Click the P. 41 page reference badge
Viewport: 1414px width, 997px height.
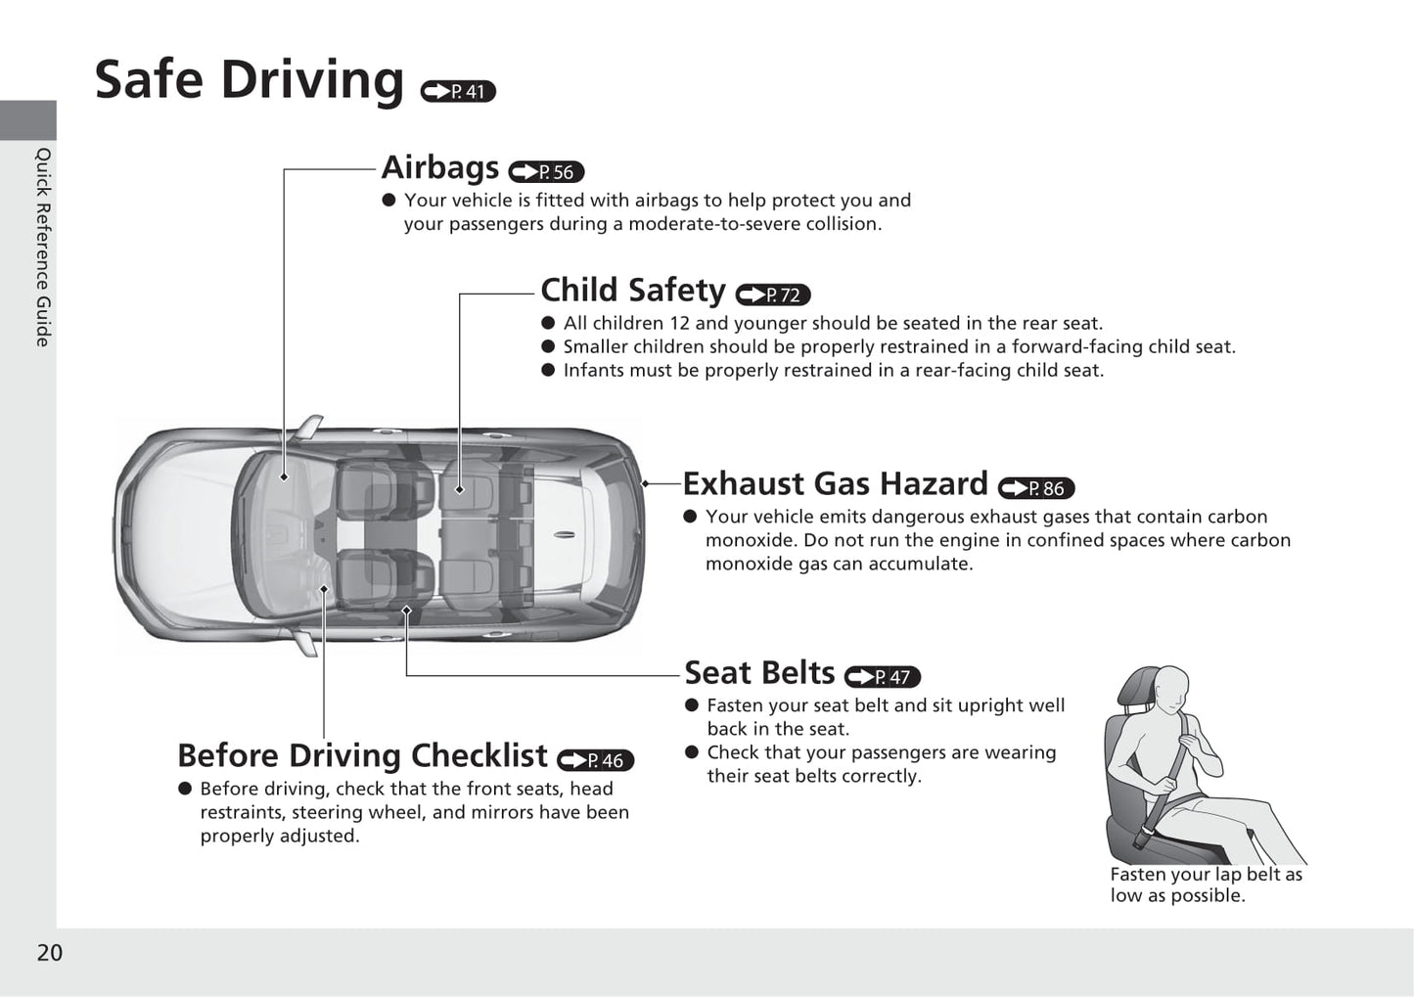(458, 92)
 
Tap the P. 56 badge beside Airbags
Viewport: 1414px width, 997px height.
(547, 171)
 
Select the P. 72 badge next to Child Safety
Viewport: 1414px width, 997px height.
(773, 295)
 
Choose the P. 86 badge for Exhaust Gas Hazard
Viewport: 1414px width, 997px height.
(1036, 488)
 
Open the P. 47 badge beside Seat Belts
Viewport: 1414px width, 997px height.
(883, 676)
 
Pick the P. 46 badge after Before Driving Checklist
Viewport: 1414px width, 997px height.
(595, 760)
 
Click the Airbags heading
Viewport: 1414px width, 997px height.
(440, 167)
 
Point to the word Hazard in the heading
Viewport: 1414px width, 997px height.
(934, 483)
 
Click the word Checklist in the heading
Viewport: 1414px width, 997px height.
(479, 755)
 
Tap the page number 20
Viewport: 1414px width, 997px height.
(50, 952)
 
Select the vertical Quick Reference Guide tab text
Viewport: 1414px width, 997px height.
(43, 247)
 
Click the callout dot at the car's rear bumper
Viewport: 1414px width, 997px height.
(645, 484)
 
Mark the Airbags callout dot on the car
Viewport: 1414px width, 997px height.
(284, 477)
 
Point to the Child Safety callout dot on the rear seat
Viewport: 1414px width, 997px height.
(460, 489)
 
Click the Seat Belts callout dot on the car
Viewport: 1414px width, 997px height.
(406, 611)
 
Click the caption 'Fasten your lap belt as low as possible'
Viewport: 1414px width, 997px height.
(1206, 884)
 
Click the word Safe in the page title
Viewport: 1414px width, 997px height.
(149, 79)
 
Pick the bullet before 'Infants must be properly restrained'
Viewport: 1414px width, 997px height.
(548, 370)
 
